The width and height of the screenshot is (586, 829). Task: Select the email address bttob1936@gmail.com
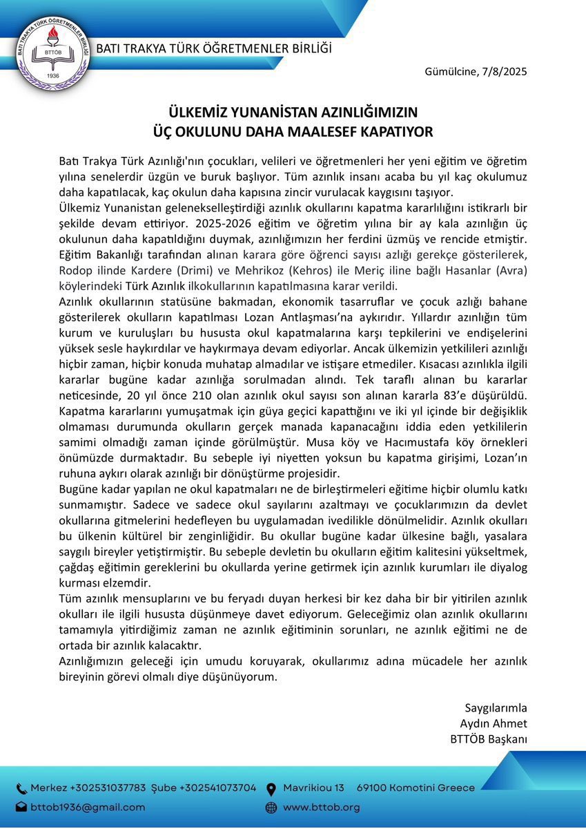pos(88,807)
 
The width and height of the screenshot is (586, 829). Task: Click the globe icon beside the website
pos(271,807)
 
